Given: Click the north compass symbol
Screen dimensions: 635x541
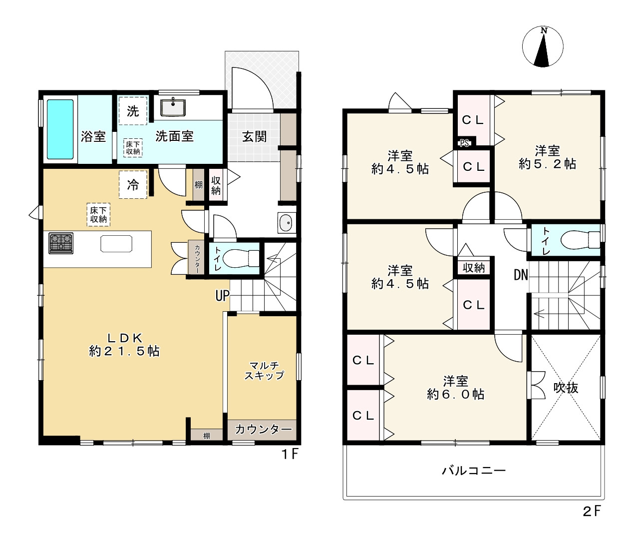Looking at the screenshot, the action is (543, 47).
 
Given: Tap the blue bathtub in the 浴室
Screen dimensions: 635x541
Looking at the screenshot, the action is (60, 129).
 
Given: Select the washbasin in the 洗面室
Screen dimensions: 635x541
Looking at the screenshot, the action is (173, 107).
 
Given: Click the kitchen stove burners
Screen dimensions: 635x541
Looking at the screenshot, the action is (61, 243).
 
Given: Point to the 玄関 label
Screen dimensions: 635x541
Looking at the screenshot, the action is (254, 137).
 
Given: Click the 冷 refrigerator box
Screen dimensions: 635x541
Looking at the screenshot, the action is (133, 184).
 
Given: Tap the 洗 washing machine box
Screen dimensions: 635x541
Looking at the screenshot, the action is (133, 111).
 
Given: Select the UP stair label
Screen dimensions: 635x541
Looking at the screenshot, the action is (223, 296).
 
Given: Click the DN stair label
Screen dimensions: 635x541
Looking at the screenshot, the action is (521, 275).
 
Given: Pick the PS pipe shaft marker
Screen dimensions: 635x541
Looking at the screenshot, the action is (464, 143).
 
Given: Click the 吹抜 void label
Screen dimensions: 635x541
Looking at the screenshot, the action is (566, 388).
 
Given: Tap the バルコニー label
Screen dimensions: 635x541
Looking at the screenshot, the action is (474, 471).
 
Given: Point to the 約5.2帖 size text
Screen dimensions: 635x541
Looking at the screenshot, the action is (548, 164).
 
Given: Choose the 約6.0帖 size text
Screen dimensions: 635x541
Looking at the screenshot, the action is (456, 394).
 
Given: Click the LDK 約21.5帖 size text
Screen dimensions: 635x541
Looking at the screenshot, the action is (124, 351).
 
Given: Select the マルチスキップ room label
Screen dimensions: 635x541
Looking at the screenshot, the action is (264, 370).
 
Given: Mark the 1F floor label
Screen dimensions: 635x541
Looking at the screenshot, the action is (290, 454).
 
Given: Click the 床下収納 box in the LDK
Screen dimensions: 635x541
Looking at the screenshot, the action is (98, 215).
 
